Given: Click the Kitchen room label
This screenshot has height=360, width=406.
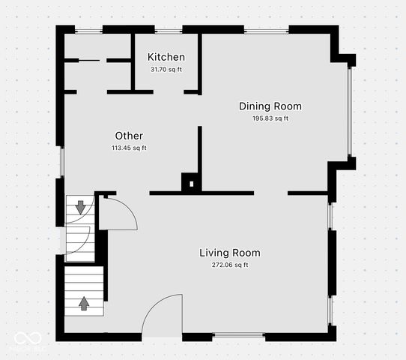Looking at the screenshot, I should [166, 58].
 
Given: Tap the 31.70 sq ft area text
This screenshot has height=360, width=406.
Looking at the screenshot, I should [166, 70].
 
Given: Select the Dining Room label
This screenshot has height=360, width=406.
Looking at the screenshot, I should [270, 106].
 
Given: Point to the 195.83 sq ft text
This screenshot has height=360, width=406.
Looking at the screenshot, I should [270, 118].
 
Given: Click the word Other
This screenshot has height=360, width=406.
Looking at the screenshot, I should [129, 136].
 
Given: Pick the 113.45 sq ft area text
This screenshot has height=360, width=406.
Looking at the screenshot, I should [129, 148].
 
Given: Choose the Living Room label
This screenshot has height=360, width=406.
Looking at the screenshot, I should [229, 253].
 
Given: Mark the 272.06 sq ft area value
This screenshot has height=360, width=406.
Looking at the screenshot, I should [229, 265].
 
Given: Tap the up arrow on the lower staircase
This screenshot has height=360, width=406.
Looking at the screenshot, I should [83, 303].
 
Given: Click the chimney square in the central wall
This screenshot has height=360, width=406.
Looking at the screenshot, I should [191, 183].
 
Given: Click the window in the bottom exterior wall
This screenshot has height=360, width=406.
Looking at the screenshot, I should [239, 334].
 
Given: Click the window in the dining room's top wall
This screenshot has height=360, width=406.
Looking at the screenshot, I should [266, 30].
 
